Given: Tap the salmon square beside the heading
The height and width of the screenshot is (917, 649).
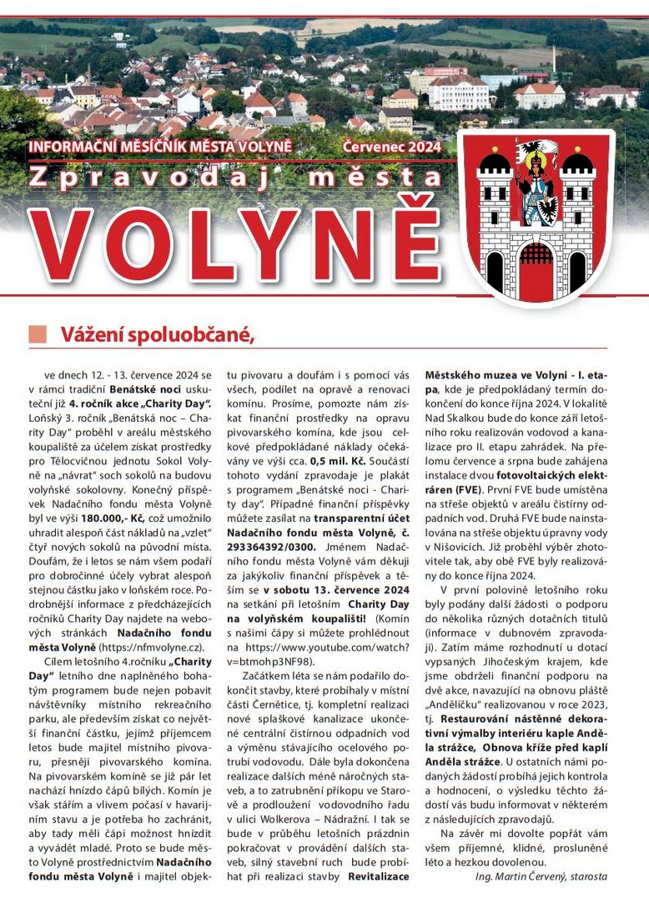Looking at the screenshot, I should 38,334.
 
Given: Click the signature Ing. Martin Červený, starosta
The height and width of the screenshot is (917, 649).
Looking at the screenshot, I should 541,876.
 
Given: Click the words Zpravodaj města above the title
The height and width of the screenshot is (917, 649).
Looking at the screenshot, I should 234,178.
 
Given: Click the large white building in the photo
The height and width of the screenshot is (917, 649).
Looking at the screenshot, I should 458,93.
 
